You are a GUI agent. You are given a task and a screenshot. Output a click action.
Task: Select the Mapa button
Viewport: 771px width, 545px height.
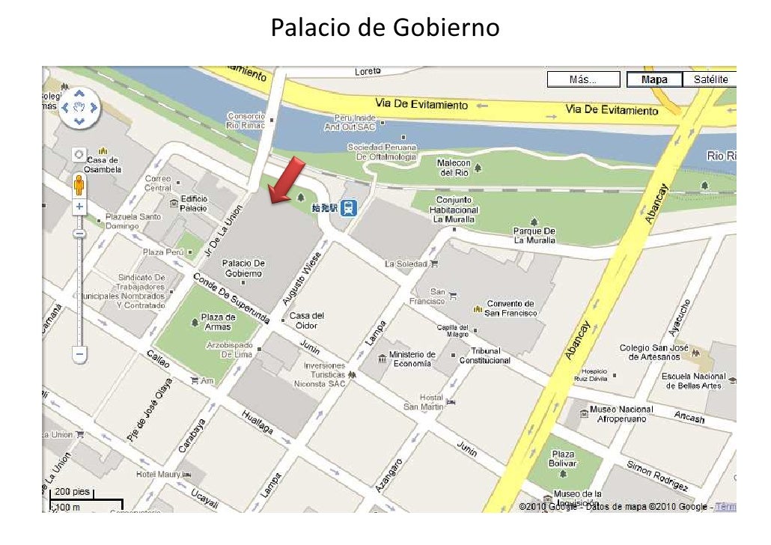click(x=653, y=79)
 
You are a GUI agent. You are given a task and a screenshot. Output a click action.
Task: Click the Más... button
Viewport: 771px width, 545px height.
click(x=583, y=79)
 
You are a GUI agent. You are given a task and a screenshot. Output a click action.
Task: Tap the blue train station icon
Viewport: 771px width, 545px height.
click(x=348, y=208)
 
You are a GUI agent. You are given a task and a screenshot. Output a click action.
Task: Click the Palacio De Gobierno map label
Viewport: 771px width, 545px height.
click(x=244, y=268)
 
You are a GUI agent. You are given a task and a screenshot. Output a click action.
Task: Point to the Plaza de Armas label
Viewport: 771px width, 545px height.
click(x=218, y=322)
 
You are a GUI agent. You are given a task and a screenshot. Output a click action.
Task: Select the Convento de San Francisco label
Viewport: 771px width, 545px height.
click(x=511, y=308)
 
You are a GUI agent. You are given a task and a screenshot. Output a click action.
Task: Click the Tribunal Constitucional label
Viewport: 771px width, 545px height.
click(x=484, y=356)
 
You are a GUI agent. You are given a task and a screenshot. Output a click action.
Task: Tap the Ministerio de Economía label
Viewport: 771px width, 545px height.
click(x=411, y=359)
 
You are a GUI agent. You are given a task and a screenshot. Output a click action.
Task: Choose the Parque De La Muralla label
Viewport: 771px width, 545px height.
click(x=534, y=236)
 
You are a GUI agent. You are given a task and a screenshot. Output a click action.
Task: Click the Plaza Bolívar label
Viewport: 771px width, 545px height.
click(x=563, y=458)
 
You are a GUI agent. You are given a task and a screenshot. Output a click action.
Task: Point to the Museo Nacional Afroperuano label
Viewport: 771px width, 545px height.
click(x=621, y=414)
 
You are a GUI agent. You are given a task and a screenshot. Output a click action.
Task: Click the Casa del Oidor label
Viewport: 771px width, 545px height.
click(x=306, y=320)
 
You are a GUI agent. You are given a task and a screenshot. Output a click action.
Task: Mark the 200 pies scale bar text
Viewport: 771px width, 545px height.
click(x=73, y=491)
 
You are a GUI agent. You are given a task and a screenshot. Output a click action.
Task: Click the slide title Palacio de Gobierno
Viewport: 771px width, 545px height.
click(x=385, y=28)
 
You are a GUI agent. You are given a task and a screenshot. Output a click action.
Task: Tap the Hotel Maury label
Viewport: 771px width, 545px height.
click(x=158, y=475)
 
